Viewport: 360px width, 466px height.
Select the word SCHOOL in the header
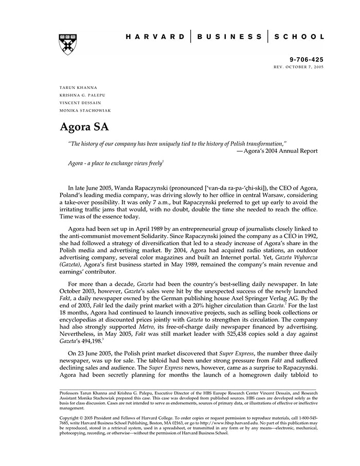pyautogui.click(x=299, y=37)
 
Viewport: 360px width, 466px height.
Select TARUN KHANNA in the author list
pyautogui.click(x=78, y=87)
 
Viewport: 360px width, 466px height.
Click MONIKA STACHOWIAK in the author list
pyautogui.click(x=85, y=111)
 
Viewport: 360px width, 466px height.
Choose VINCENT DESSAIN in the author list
pyautogui.click(x=81, y=103)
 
